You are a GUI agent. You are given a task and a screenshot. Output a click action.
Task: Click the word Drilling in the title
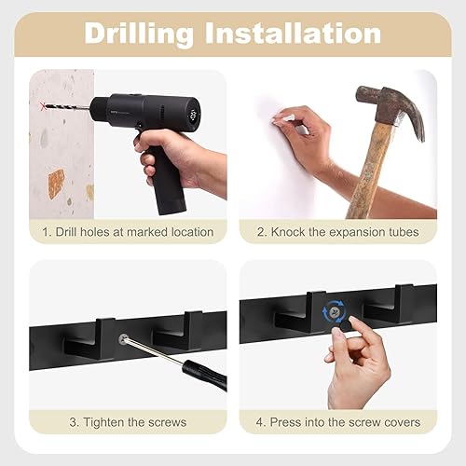pyautogui.click(x=139, y=34)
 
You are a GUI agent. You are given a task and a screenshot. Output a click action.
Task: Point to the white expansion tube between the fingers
pyautogui.click(x=279, y=118)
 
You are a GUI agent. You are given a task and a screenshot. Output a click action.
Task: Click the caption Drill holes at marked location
pyautogui.click(x=128, y=231)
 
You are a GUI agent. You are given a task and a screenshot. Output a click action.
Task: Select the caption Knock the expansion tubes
pyautogui.click(x=336, y=231)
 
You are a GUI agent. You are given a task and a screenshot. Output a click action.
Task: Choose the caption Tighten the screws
pyautogui.click(x=128, y=422)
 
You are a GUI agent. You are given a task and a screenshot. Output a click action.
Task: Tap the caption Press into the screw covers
pyautogui.click(x=336, y=422)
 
